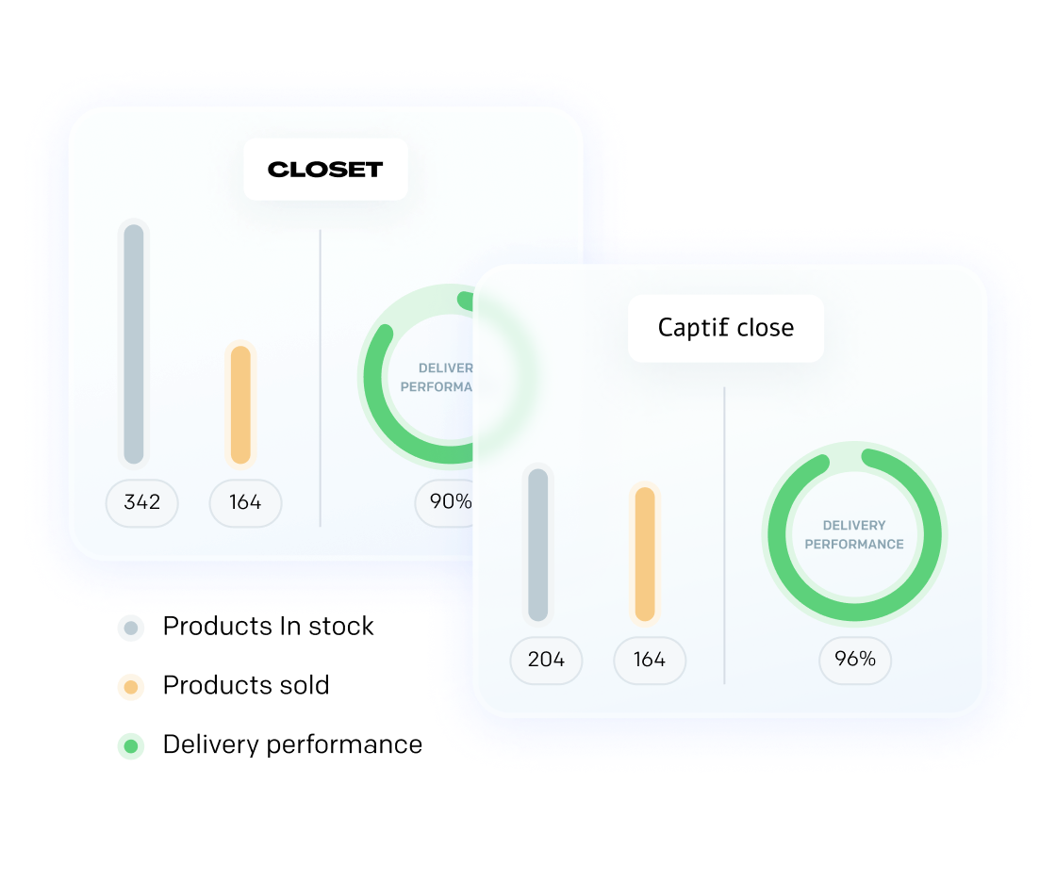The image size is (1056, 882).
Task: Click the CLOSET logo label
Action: tap(325, 170)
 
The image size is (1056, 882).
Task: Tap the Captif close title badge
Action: tap(725, 328)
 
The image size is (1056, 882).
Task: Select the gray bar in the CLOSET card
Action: tap(134, 344)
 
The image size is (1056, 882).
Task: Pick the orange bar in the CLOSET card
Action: tap(240, 404)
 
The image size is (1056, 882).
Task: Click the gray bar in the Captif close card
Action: tap(537, 545)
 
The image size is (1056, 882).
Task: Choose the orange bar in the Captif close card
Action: tap(645, 553)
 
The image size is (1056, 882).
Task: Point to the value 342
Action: tap(141, 502)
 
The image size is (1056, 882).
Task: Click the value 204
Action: tap(546, 660)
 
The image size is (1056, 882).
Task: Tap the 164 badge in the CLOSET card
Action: tap(245, 502)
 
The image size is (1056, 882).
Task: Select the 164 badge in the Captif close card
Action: tap(650, 660)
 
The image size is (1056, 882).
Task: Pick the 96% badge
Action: tap(854, 660)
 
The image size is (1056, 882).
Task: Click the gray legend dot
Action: tap(131, 628)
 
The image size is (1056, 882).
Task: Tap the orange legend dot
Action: tap(131, 687)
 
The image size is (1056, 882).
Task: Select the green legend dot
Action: tap(131, 746)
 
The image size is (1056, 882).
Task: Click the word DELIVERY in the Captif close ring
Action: tap(854, 526)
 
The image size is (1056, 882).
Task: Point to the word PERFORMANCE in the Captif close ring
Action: tap(854, 545)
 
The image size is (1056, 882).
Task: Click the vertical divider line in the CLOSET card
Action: tap(321, 377)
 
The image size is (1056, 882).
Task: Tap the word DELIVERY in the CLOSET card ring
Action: tap(446, 368)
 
